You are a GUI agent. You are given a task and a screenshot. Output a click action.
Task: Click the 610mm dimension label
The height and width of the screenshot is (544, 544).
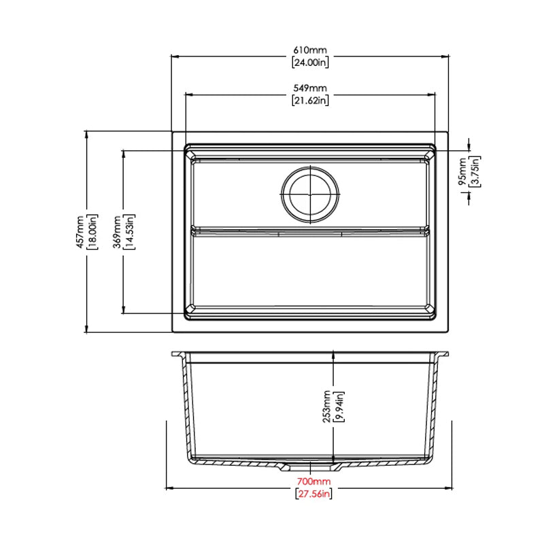coord(311,50)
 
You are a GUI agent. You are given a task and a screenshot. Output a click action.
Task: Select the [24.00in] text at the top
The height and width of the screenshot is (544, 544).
coord(311,63)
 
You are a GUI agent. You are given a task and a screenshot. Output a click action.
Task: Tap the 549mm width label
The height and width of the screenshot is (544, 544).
coord(311,88)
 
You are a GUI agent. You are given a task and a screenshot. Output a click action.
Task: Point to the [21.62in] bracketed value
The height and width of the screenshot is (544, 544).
coord(311,101)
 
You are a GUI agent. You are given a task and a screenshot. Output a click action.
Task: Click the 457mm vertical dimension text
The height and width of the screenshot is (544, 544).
coord(80,231)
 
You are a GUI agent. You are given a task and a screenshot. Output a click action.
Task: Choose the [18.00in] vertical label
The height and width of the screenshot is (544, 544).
coord(92,231)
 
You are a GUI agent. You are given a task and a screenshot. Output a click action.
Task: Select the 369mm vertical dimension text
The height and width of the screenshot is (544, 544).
coord(118,231)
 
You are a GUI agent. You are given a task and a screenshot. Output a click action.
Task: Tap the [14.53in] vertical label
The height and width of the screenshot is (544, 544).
coord(130,231)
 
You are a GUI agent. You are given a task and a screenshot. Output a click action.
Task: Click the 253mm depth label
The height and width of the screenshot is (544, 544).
coord(327,407)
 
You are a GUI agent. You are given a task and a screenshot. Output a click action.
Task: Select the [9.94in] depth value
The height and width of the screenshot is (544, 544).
coord(339,407)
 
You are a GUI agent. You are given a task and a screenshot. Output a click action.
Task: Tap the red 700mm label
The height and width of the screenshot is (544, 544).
coord(311,481)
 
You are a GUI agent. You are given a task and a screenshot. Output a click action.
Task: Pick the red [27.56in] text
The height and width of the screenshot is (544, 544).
coord(311,494)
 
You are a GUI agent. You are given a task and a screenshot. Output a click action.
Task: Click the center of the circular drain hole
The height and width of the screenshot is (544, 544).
coord(310,193)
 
